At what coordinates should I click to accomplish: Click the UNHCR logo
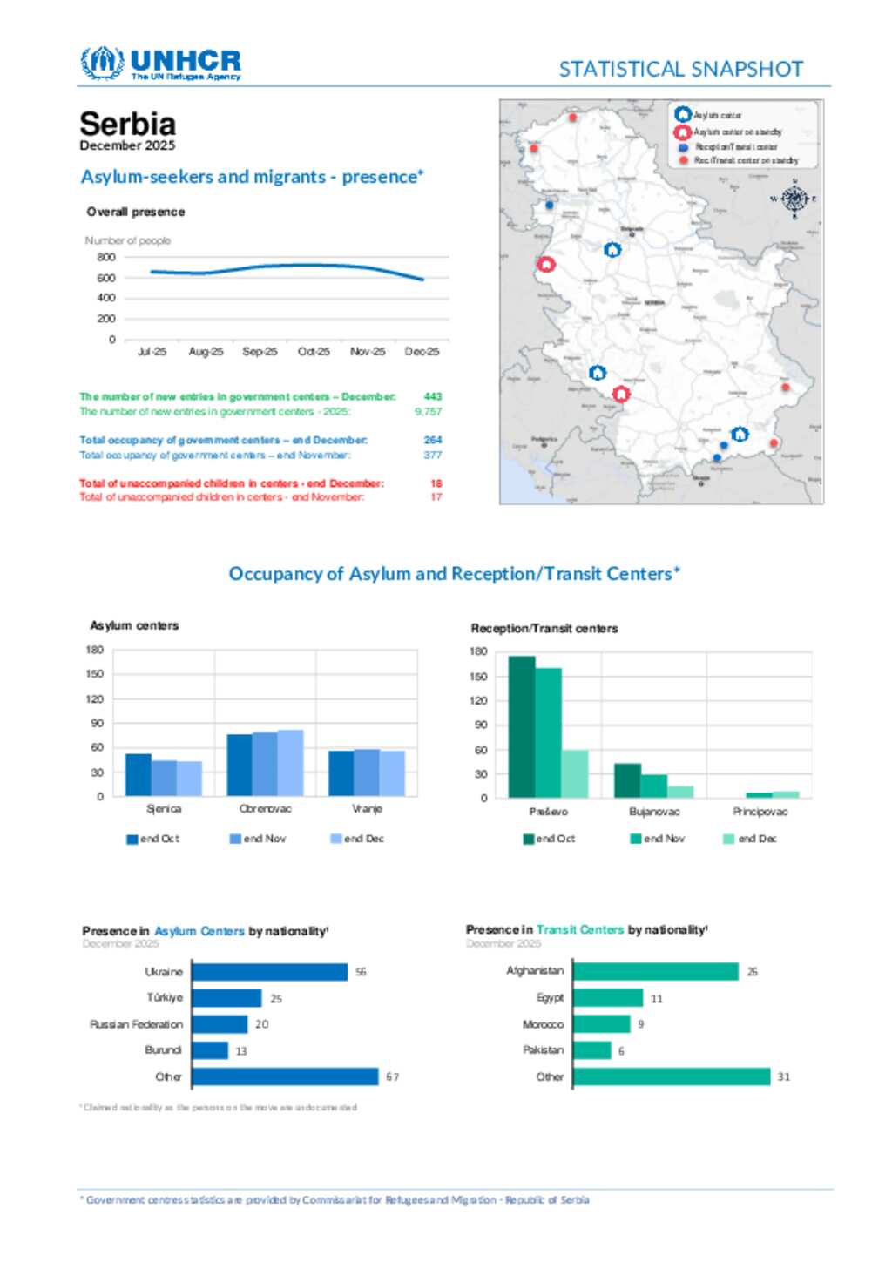160,64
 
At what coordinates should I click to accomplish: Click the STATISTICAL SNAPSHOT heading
680,69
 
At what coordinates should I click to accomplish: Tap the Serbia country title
128,124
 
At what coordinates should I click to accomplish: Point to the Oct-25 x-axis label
314,352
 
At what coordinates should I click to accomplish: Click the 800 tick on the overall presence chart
106,257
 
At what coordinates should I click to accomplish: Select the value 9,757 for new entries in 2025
428,411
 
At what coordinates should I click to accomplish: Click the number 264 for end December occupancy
433,440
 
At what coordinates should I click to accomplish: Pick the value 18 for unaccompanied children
436,483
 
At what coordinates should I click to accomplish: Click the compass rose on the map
794,199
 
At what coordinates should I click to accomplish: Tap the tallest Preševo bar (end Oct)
521,726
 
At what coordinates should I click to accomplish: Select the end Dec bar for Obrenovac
291,763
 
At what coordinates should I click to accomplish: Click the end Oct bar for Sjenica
138,774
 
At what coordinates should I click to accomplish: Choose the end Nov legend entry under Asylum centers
258,839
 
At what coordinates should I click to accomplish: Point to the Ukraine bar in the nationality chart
269,972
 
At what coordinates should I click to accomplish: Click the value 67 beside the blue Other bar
393,1077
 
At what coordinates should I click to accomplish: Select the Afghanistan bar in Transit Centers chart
655,971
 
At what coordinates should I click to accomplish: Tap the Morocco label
543,1024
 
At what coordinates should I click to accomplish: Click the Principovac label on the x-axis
760,812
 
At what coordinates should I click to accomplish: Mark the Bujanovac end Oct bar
627,780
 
